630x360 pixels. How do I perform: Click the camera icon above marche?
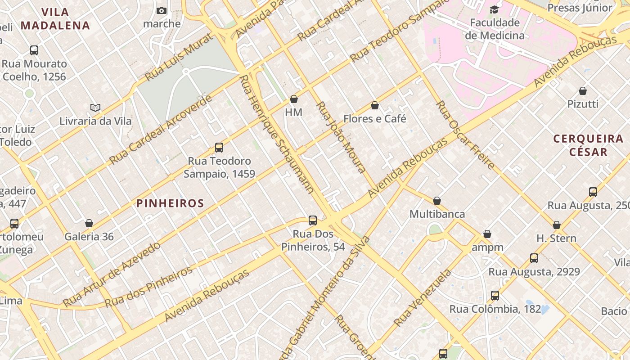(162, 11)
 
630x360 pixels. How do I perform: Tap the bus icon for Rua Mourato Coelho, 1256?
(34, 50)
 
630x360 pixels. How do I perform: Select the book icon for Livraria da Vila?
(95, 108)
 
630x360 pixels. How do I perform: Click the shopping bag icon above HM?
(294, 99)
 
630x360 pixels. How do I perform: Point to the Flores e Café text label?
(374, 119)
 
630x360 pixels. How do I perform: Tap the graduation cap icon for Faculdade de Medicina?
(495, 9)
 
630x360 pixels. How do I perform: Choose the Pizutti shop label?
(583, 104)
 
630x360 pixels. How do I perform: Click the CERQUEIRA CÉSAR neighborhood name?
(588, 145)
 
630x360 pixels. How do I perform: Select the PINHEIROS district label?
(171, 203)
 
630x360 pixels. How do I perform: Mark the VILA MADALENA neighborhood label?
(55, 19)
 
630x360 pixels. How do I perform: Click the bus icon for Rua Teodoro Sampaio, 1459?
(219, 148)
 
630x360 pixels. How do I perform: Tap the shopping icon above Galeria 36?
(89, 224)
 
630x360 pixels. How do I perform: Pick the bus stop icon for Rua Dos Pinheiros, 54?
(313, 220)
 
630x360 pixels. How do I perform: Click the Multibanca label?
(437, 214)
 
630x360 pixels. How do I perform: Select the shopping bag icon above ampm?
(487, 234)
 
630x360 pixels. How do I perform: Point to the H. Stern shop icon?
(557, 225)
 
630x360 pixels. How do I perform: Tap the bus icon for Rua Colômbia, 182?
(495, 296)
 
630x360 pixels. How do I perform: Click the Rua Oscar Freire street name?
(466, 135)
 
